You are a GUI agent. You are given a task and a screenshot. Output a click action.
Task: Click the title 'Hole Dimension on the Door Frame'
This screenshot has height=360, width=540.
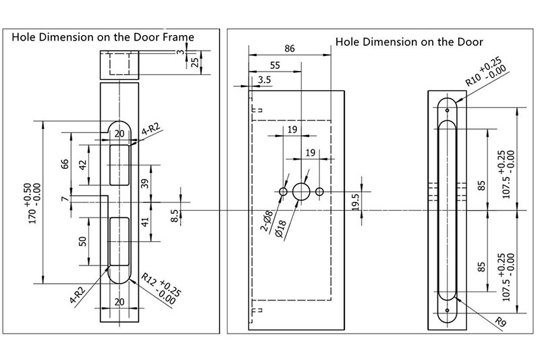point(103,37)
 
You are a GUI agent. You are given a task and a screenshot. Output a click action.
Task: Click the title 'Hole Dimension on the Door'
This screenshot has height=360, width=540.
point(409,41)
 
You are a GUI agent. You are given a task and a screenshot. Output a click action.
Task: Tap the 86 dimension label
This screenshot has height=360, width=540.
point(290,49)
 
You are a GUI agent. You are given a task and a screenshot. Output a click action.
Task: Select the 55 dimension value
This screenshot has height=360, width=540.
point(275,66)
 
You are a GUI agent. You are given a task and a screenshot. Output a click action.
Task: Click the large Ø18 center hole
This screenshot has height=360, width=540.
point(301,192)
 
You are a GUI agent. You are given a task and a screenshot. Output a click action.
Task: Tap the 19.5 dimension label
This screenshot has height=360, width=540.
point(356,202)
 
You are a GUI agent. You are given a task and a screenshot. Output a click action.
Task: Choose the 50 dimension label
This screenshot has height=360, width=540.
point(82,241)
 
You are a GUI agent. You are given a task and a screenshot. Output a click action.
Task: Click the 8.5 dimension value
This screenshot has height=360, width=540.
point(175,217)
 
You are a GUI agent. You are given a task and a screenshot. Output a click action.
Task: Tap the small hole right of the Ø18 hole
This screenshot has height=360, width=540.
point(320,192)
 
